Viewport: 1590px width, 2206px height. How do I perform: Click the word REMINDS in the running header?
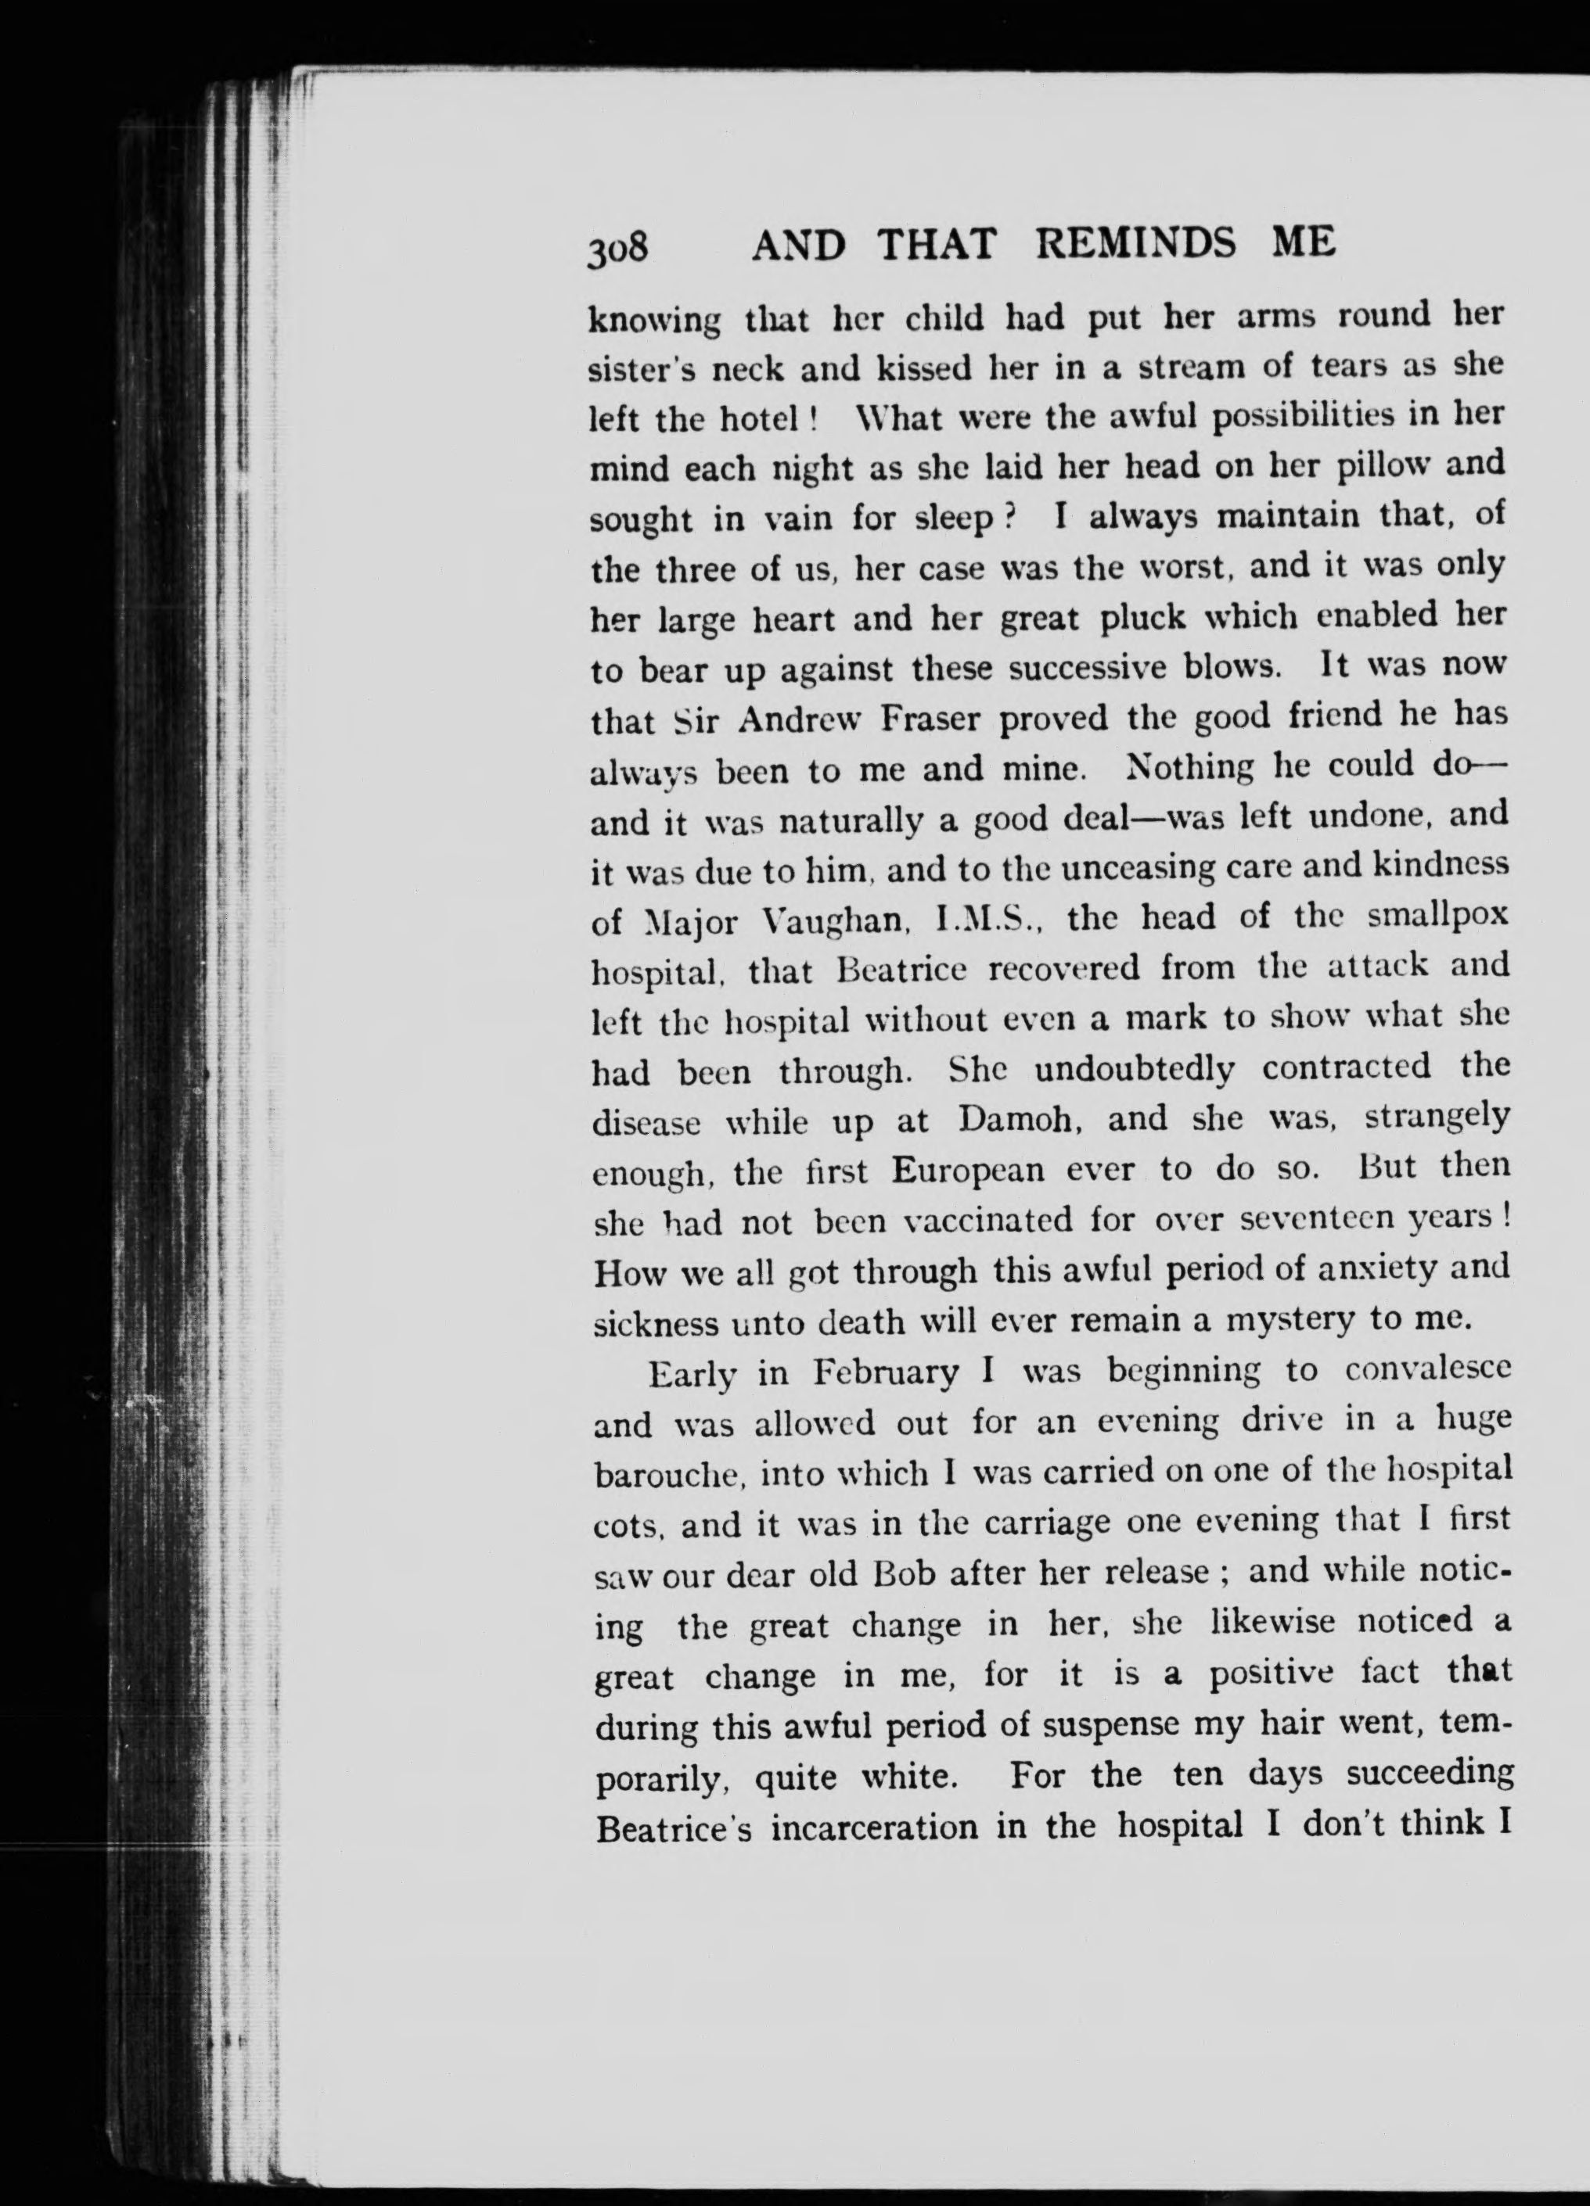point(1135,244)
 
